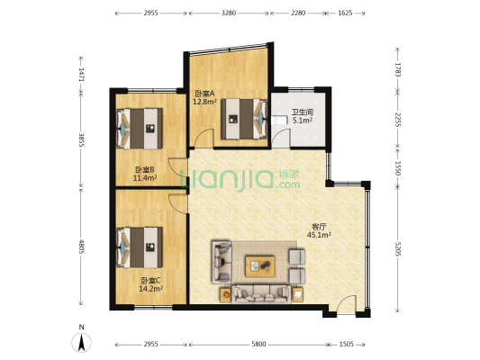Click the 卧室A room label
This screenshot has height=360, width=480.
pos(201,94)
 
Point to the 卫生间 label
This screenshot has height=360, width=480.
pos(303,112)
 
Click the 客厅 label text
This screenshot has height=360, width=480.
pos(319,227)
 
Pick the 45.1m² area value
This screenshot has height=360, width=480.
pos(319,235)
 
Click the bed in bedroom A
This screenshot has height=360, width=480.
pos(244,119)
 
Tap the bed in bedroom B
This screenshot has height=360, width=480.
pos(140,129)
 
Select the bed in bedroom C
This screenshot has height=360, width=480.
pos(140,247)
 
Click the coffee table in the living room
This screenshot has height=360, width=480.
pos(260,266)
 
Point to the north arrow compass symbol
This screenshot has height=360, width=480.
pos(81,343)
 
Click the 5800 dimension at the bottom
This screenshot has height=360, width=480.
pos(258,345)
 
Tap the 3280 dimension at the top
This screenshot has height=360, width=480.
pos(229,13)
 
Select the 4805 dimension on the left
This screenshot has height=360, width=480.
pos(81,247)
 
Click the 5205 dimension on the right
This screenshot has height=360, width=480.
pos(398,248)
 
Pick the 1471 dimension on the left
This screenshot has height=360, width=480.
pos(81,75)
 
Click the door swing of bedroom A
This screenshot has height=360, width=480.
pos(204,139)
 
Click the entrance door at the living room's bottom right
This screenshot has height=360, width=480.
pos(347,304)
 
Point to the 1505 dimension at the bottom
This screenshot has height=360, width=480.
pos(346,345)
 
